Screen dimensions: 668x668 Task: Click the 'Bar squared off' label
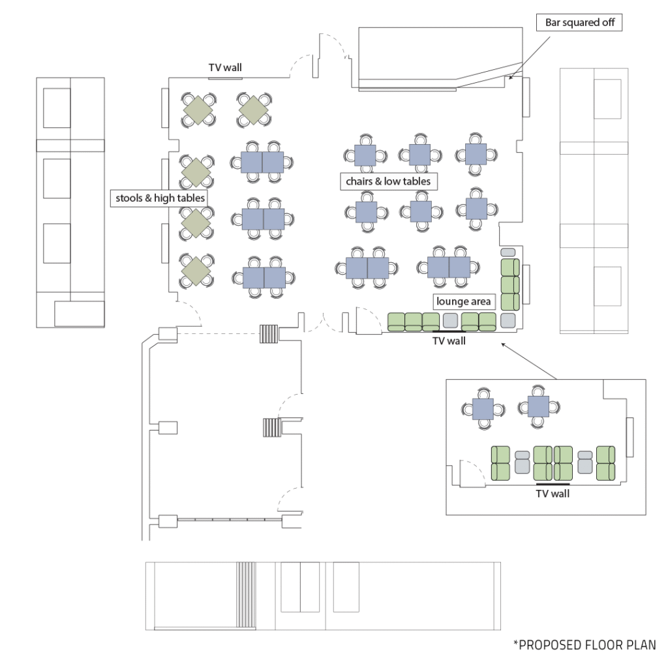579,23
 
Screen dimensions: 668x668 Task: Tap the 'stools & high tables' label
160,198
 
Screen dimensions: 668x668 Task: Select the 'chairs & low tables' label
388,181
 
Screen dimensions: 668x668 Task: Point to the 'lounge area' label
464,301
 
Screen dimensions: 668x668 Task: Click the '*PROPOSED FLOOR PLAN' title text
584,645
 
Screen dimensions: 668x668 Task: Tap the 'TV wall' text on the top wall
225,67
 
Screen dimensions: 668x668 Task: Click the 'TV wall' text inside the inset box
553,494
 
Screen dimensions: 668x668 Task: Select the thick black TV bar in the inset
553,484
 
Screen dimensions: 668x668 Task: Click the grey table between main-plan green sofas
450,321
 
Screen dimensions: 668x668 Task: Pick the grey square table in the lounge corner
508,320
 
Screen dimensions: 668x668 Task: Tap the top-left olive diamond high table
198,110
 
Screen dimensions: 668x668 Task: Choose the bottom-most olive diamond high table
196,271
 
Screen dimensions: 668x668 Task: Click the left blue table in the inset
483,409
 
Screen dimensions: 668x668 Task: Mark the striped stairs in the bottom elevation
246,595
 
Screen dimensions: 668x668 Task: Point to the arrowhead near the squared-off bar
511,77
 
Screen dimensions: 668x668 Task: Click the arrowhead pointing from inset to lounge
503,344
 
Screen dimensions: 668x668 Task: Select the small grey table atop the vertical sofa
508,252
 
